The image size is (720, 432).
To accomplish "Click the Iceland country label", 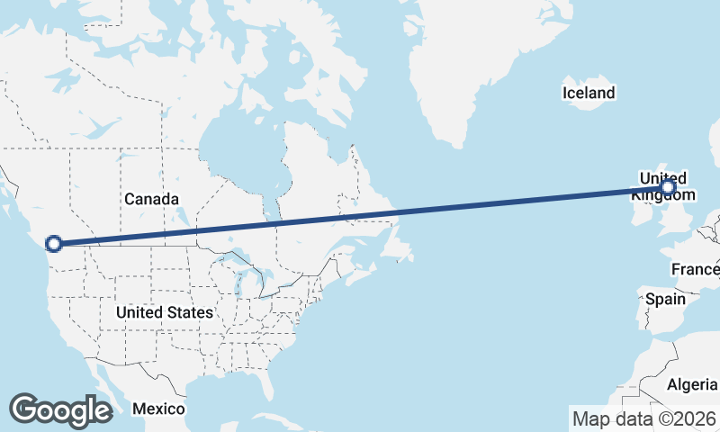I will (x=589, y=93).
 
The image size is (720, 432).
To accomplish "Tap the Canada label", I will (x=151, y=199).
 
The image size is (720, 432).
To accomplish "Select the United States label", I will (x=165, y=312).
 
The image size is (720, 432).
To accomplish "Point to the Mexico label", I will (x=158, y=409).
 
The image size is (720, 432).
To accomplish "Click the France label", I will (x=695, y=269).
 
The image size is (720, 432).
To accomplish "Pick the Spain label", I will (x=665, y=299).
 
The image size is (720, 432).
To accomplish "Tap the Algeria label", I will (x=692, y=384).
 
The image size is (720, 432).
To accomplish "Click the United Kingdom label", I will (x=663, y=186).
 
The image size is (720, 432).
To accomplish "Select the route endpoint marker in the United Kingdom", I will (x=667, y=187).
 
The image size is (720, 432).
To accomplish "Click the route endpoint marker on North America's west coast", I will (x=54, y=243).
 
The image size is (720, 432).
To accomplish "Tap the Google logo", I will (x=60, y=410).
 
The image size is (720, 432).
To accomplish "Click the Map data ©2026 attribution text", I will (x=644, y=418).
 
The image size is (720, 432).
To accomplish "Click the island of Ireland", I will (x=642, y=211).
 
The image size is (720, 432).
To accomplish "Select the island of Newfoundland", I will (x=393, y=243).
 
